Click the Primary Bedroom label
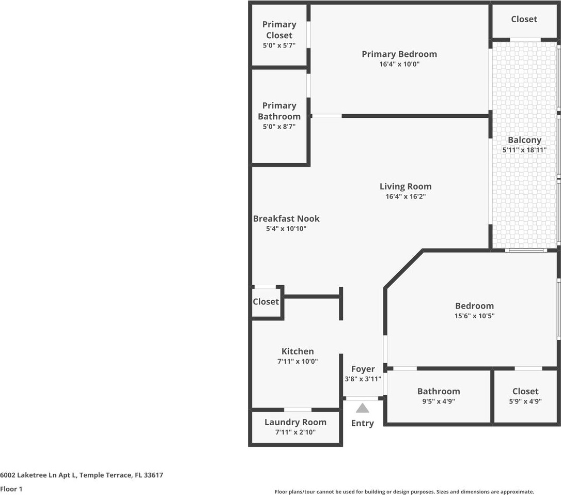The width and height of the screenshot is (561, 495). (399, 54)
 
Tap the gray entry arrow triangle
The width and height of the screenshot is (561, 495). (363, 408)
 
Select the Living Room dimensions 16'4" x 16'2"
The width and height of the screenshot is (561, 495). (405, 197)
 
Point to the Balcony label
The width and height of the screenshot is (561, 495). (524, 140)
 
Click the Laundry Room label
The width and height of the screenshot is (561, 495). (295, 422)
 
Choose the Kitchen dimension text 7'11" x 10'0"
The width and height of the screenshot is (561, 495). (298, 362)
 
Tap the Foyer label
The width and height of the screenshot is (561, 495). (363, 369)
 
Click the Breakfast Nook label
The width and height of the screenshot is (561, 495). (286, 219)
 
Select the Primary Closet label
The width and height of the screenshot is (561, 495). (279, 30)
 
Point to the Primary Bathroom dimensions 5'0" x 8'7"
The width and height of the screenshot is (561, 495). (279, 127)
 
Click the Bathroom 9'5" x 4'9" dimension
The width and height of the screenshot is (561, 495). (439, 401)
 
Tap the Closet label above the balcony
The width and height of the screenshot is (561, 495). (524, 19)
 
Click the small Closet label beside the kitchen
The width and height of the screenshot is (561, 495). (266, 302)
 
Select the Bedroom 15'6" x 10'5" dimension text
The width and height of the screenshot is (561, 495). (474, 316)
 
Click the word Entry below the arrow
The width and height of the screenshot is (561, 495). (362, 423)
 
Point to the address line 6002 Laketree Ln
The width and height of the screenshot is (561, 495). (82, 475)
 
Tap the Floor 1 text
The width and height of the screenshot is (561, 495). (11, 488)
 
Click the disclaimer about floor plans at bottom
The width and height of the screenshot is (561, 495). (404, 492)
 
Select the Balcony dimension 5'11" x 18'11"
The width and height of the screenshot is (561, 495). (524, 150)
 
